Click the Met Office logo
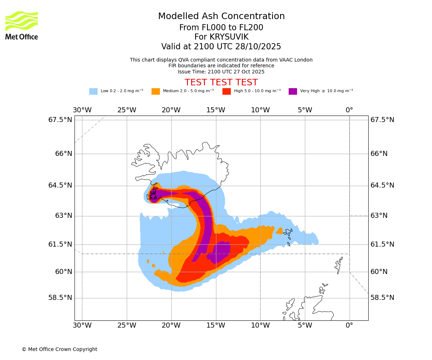(22, 25)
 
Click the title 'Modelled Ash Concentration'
(221, 17)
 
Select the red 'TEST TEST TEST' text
(221, 83)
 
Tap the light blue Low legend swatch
(93, 91)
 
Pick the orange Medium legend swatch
(156, 91)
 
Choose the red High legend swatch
(226, 91)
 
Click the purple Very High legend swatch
(293, 91)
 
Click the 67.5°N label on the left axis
(60, 120)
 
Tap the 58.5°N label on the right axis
(382, 298)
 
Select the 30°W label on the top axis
(82, 110)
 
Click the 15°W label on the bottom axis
(216, 326)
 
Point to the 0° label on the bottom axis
(349, 326)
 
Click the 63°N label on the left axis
(63, 216)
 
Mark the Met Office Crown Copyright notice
(59, 350)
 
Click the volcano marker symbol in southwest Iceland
(153, 195)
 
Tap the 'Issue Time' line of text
(221, 72)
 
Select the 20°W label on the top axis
(171, 110)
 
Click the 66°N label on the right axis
(379, 154)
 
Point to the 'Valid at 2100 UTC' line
(221, 47)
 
